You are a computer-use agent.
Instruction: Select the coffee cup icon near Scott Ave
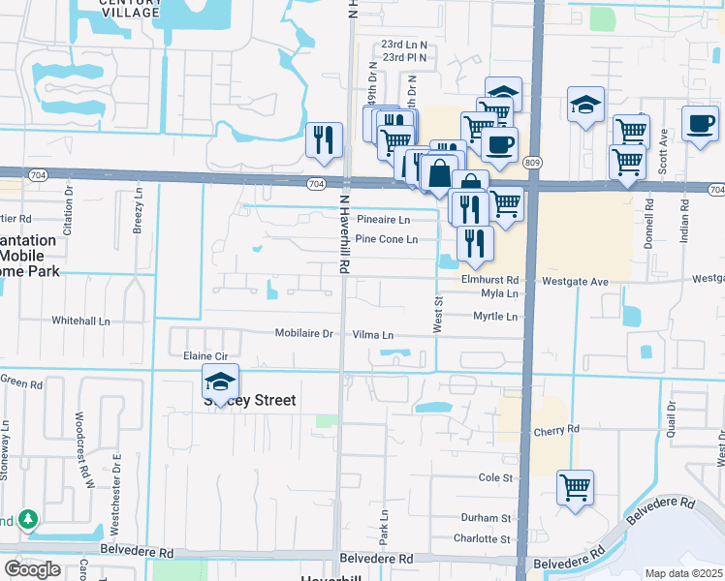pos(700,124)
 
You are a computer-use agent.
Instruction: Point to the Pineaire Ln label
pos(384,220)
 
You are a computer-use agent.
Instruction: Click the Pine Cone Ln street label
pos(387,239)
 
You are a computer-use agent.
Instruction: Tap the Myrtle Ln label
pos(495,317)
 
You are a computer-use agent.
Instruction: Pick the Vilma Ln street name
pos(373,335)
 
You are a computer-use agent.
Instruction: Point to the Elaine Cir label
pos(205,357)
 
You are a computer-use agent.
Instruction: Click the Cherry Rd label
pos(555,429)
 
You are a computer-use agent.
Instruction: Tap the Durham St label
pos(486,518)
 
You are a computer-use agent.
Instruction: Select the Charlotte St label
pos(482,538)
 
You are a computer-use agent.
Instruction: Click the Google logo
pos(32,569)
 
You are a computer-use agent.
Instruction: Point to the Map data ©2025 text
pos(684,573)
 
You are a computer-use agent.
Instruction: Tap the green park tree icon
pos(28,520)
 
